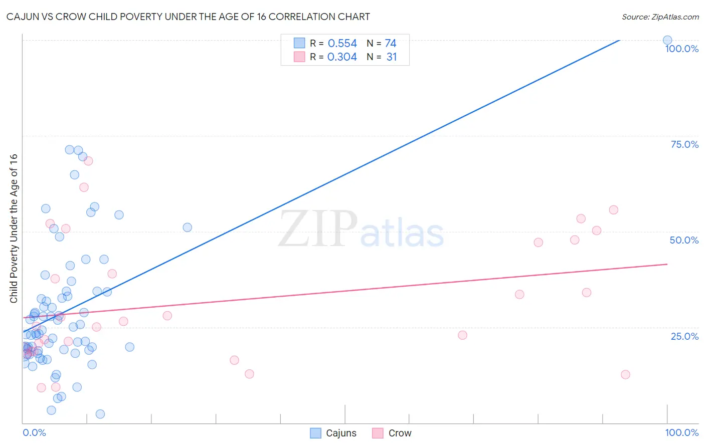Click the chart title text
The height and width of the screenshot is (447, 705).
coord(188,17)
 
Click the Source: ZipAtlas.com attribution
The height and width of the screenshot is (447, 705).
coord(660,17)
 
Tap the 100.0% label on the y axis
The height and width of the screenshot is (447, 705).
coord(681,49)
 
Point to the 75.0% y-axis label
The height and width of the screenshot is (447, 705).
coord(684,144)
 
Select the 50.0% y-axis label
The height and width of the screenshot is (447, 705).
coord(684,240)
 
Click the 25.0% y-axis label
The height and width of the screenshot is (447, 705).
coord(684,336)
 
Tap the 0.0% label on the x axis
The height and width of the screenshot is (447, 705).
coord(34,432)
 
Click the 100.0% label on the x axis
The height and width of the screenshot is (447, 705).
coord(681,432)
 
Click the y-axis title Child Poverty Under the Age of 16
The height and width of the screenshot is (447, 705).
coord(14,228)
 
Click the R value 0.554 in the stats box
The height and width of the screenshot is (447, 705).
coord(342,43)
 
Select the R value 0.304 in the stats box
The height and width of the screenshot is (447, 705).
coord(342,57)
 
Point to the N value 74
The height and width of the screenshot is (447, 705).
coord(391,43)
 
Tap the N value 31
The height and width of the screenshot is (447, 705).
coord(392,57)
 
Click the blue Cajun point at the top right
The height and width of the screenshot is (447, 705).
coord(667,40)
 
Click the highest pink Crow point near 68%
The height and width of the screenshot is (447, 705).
coord(88,161)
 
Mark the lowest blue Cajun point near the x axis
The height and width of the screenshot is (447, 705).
coord(100,414)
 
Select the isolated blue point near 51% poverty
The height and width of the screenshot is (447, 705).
coord(188,228)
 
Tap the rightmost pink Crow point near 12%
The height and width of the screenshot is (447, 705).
coord(625,374)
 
